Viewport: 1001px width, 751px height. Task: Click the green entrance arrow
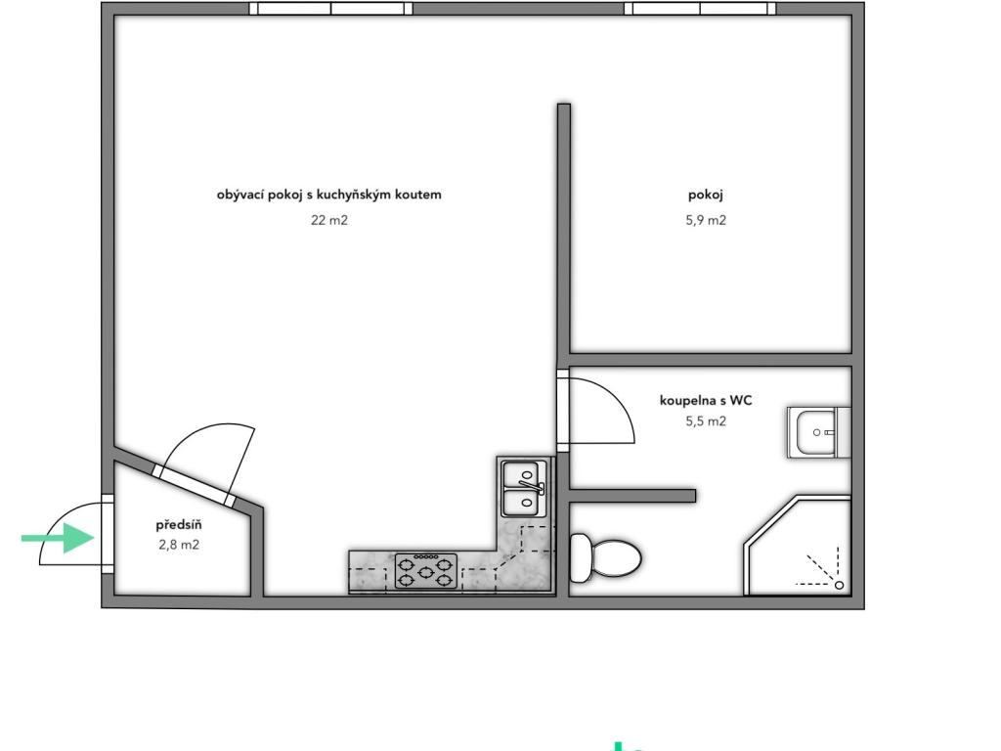(x=58, y=539)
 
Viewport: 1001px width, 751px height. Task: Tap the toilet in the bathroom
(x=605, y=558)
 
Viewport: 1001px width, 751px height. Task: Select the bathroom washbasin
(x=818, y=432)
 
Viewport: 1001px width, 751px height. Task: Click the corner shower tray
(x=798, y=546)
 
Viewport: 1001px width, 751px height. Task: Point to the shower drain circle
(x=840, y=585)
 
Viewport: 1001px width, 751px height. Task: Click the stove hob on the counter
(x=426, y=571)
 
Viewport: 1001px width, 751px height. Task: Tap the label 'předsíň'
(x=179, y=525)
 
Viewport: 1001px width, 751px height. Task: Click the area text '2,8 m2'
(x=179, y=545)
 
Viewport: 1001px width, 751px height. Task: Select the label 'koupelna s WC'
(x=706, y=400)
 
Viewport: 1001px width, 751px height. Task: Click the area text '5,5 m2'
(x=706, y=420)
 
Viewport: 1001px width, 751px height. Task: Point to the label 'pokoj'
(x=706, y=195)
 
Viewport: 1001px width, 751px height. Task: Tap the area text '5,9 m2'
(x=706, y=220)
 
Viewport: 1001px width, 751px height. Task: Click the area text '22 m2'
(x=328, y=220)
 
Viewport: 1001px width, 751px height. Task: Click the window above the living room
(x=330, y=8)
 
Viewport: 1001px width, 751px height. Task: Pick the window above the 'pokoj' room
(x=700, y=8)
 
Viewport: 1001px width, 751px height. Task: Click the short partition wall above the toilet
(x=632, y=496)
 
